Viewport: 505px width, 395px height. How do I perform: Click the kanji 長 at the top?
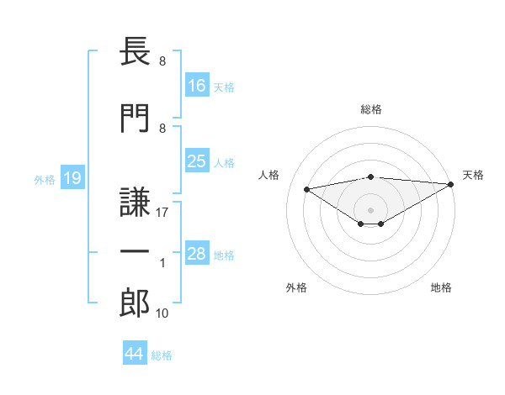click(x=135, y=51)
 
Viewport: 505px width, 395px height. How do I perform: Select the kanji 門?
click(x=135, y=118)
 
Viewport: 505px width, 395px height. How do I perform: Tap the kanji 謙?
click(x=135, y=202)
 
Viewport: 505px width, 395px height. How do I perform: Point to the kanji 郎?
click(x=135, y=303)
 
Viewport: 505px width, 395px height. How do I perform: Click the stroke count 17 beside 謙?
click(x=162, y=213)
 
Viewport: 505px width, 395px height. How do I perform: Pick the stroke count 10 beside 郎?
click(x=162, y=313)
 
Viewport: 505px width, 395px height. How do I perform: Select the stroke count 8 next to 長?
click(x=162, y=61)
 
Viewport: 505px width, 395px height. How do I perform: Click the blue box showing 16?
click(x=197, y=85)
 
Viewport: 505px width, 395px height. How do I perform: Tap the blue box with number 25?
click(x=197, y=161)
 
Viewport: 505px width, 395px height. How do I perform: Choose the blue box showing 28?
click(x=197, y=252)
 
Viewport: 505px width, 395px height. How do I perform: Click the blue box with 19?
click(x=72, y=177)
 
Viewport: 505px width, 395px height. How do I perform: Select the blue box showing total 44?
click(x=135, y=352)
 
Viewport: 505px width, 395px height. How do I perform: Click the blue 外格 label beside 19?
click(x=45, y=180)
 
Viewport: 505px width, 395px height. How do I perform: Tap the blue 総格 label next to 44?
click(x=162, y=355)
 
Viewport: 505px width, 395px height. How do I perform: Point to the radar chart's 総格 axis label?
click(x=371, y=109)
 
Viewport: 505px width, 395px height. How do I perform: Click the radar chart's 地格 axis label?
click(x=441, y=287)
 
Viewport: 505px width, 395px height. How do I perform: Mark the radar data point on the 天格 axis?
click(x=451, y=184)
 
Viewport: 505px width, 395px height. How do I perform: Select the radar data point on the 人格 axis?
click(x=307, y=189)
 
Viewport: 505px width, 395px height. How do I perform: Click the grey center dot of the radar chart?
click(x=370, y=210)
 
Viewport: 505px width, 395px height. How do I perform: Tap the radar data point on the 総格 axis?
click(x=371, y=177)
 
